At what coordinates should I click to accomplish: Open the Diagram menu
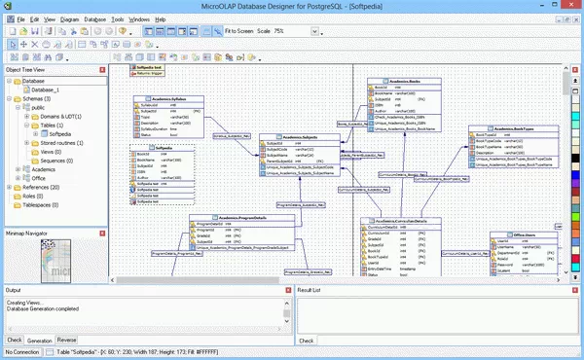tap(69, 18)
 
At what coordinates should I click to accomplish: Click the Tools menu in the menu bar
tap(118, 18)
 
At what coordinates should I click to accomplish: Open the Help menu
tap(161, 18)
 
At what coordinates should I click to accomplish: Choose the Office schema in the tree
tap(38, 178)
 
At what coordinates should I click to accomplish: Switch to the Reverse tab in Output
tap(66, 341)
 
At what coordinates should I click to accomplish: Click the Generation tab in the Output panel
tap(40, 341)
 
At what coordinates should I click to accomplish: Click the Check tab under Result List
tap(306, 341)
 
